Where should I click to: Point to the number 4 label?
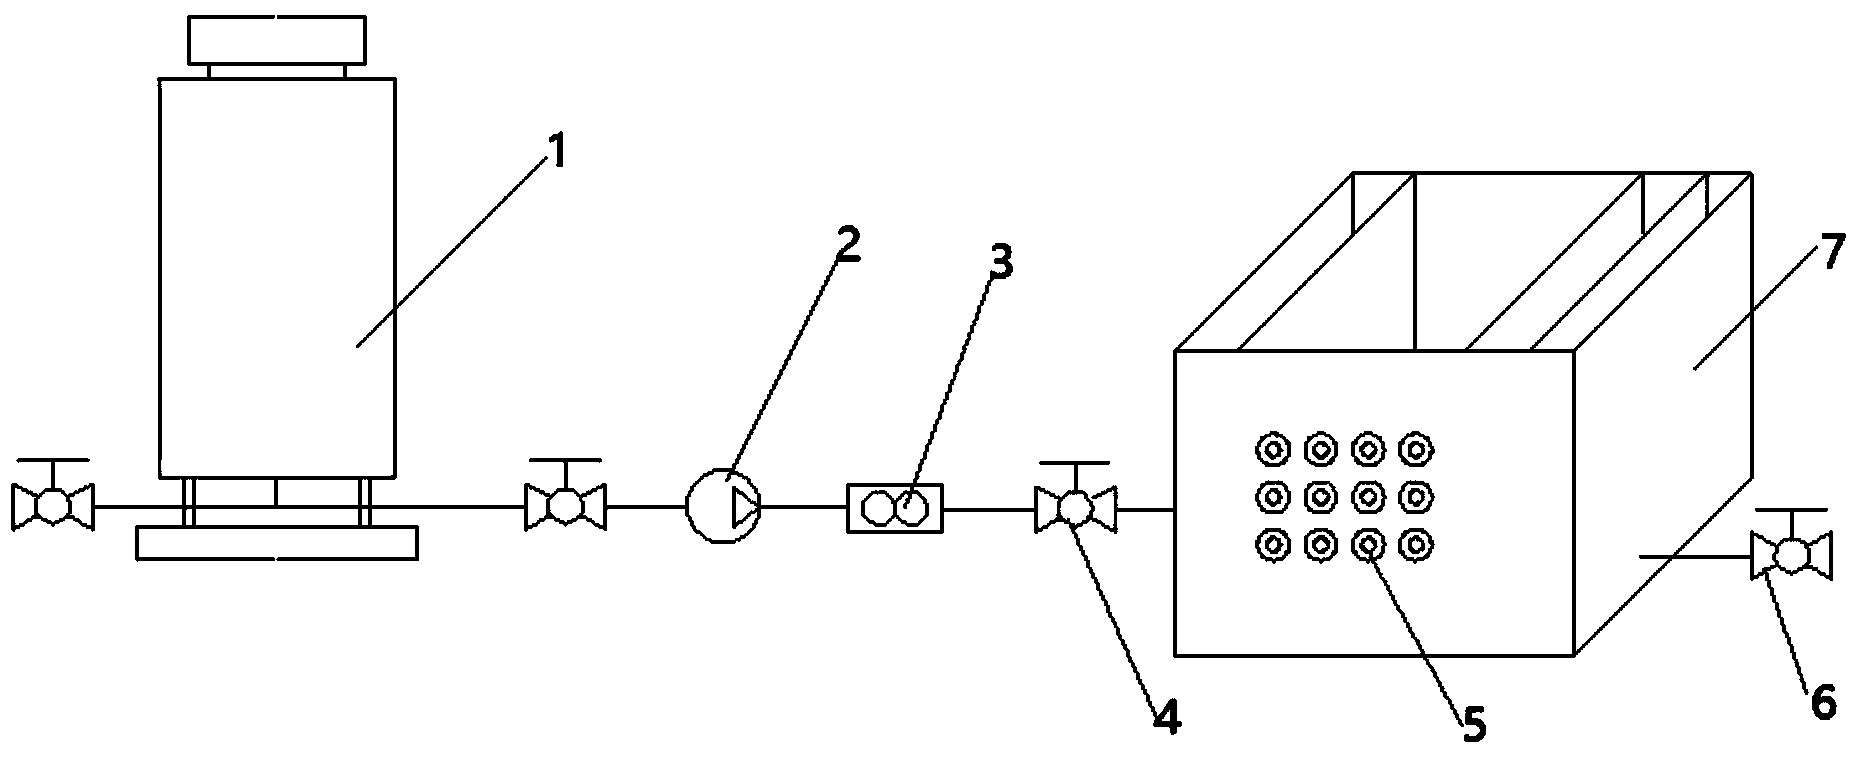tap(1166, 717)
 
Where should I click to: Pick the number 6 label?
tap(1825, 703)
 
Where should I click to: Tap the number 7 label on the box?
tap(1828, 255)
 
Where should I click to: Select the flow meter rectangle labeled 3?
tap(895, 508)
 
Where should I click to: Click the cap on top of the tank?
tap(277, 40)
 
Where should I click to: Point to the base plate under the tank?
tap(277, 543)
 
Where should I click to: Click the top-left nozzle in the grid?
tap(1272, 449)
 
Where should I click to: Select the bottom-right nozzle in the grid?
tap(1415, 545)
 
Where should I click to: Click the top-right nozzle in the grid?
tap(1415, 449)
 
